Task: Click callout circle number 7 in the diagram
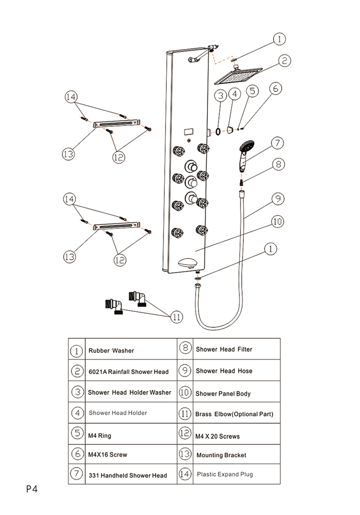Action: [x=277, y=143]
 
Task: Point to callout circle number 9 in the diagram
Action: [x=277, y=199]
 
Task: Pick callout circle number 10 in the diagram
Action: [x=277, y=222]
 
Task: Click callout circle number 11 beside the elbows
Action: [x=177, y=317]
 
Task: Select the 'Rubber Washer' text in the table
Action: [x=111, y=351]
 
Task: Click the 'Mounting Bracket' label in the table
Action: [x=221, y=455]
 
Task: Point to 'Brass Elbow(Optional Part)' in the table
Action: [x=234, y=414]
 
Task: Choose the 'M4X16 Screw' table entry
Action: [x=108, y=454]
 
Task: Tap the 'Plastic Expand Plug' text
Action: [x=225, y=475]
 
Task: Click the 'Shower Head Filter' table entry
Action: [x=224, y=349]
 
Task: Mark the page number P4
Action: [x=32, y=489]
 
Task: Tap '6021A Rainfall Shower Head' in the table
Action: [x=128, y=372]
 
